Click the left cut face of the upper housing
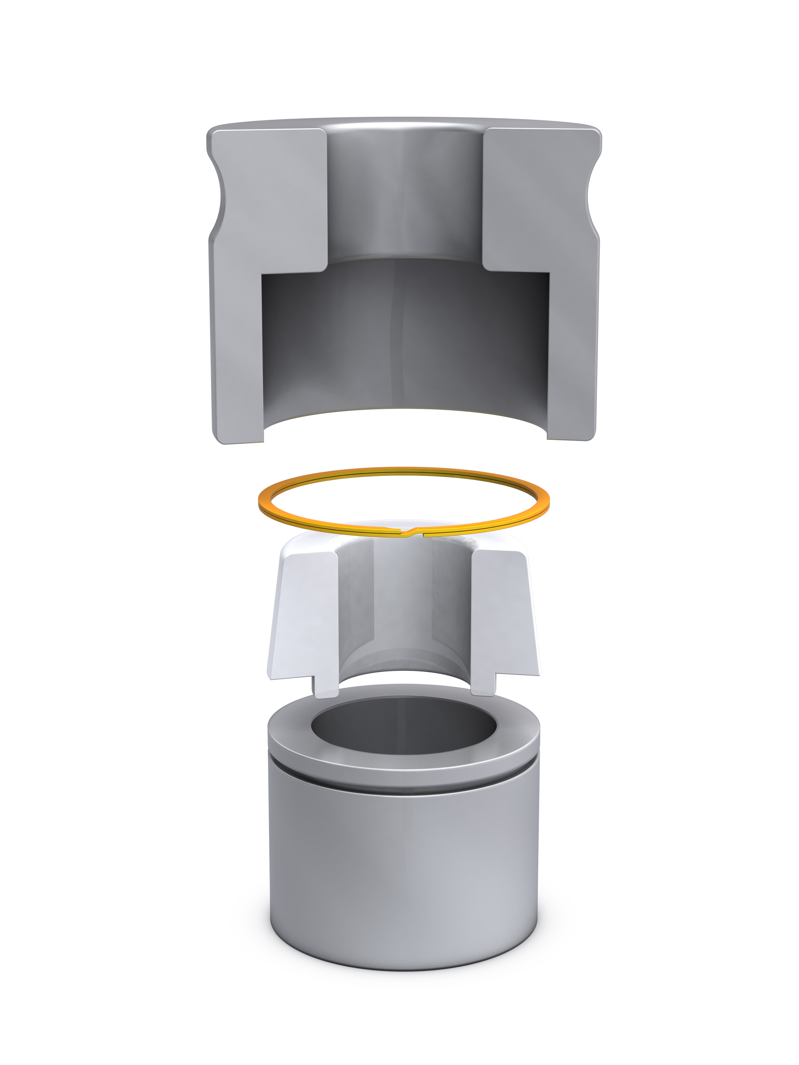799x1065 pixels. click(270, 202)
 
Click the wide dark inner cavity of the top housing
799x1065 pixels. click(405, 337)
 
